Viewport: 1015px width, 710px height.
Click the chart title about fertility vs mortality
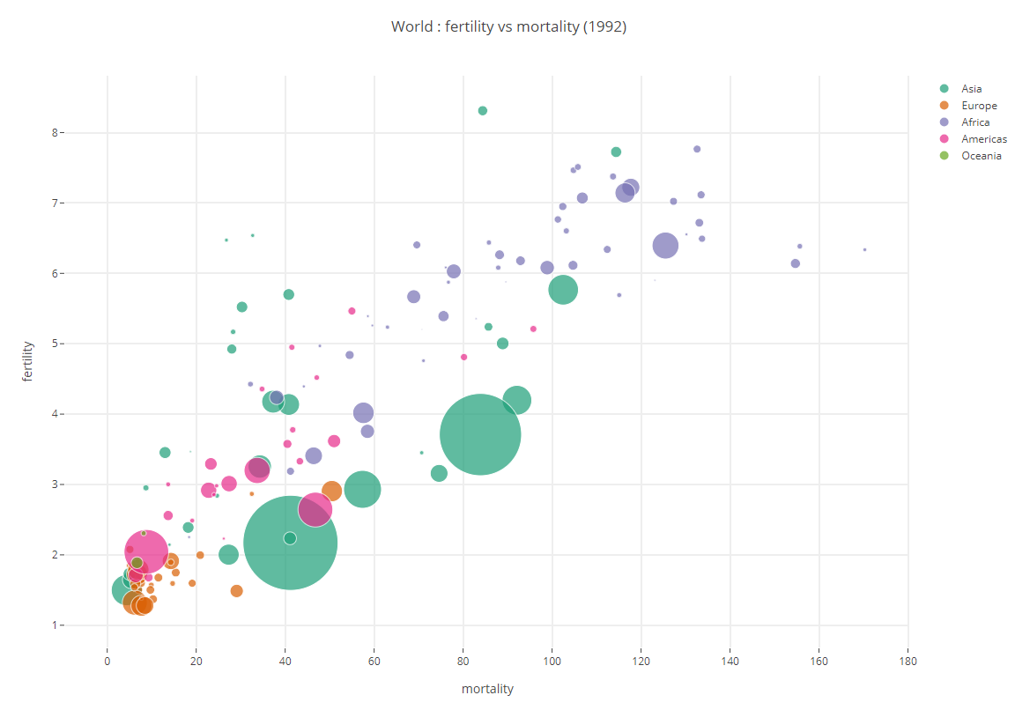(x=508, y=26)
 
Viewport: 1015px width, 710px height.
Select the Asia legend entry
(x=971, y=89)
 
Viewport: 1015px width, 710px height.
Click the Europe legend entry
(x=978, y=106)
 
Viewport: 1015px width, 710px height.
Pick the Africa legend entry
(x=975, y=122)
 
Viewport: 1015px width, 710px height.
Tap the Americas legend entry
(x=983, y=139)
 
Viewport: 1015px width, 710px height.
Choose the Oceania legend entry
(x=981, y=156)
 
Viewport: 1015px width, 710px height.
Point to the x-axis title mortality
(x=487, y=689)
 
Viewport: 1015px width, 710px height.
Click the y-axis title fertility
(x=28, y=360)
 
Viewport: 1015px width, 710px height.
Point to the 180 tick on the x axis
(x=908, y=661)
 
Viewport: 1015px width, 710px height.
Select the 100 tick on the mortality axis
(x=552, y=661)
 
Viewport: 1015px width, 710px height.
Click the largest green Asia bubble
(x=290, y=544)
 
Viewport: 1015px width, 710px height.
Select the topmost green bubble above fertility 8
(x=482, y=111)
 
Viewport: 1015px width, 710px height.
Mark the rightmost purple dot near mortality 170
(x=864, y=249)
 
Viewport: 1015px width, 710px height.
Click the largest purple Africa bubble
(x=665, y=246)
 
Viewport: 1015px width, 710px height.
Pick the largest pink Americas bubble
(x=146, y=551)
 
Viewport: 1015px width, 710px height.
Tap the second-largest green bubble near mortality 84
(x=480, y=434)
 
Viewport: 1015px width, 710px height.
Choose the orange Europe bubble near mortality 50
(x=331, y=491)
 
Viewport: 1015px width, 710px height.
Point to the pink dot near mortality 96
(x=533, y=329)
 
